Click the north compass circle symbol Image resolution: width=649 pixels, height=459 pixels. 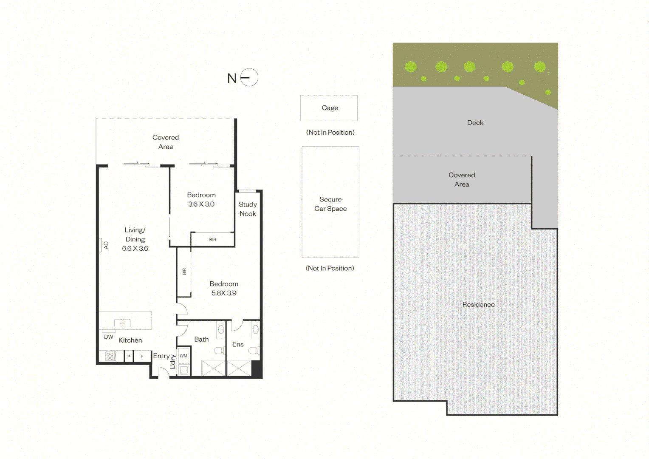pyautogui.click(x=249, y=69)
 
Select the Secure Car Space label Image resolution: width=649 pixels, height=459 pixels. pyautogui.click(x=330, y=204)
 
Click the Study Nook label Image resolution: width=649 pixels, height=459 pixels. pyautogui.click(x=248, y=209)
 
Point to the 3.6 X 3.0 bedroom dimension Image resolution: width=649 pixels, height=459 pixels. pyautogui.click(x=201, y=204)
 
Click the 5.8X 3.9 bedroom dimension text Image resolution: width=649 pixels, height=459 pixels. pyautogui.click(x=224, y=293)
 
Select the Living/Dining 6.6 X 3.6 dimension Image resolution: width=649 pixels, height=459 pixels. pyautogui.click(x=135, y=249)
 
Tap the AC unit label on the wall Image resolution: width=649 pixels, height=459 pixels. pyautogui.click(x=106, y=245)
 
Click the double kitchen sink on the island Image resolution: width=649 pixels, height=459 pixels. pyautogui.click(x=122, y=323)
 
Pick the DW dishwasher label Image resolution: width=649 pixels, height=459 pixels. pyautogui.click(x=109, y=337)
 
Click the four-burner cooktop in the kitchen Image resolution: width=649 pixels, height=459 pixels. pyautogui.click(x=110, y=356)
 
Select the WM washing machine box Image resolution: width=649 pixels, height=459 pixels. pyautogui.click(x=183, y=356)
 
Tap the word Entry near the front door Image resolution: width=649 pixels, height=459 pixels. pyautogui.click(x=161, y=356)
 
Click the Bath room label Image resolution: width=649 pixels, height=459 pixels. pyautogui.click(x=201, y=339)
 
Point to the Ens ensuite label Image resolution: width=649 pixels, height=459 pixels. pyautogui.click(x=238, y=344)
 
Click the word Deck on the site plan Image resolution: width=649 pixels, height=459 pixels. pyautogui.click(x=475, y=123)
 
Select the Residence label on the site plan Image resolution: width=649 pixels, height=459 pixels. pyautogui.click(x=478, y=304)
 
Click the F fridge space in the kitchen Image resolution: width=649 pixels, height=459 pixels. pyautogui.click(x=142, y=357)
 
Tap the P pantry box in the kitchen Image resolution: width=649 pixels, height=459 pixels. pyautogui.click(x=129, y=357)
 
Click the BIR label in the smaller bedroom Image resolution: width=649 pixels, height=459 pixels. pyautogui.click(x=213, y=240)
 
